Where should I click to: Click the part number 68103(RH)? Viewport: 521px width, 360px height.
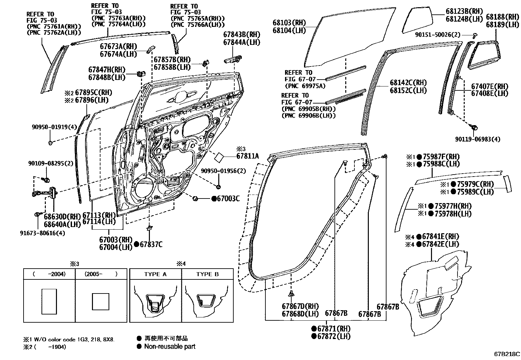289,23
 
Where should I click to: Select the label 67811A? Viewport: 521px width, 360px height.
247,156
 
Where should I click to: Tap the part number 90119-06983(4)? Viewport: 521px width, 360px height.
477,139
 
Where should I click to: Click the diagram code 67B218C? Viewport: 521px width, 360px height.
507,354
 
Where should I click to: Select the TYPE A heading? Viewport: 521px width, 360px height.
155,274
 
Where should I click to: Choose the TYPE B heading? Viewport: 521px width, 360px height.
207,274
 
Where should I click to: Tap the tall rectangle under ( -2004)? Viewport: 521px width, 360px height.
49,301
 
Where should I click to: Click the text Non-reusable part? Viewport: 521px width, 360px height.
170,347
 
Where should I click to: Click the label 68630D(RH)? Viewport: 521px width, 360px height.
62,217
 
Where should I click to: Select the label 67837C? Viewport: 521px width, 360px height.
151,244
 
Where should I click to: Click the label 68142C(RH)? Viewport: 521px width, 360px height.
408,83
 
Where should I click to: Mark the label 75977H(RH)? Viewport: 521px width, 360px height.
453,206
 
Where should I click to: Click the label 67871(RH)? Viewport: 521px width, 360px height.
333,329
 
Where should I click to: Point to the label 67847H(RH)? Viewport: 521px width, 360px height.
107,70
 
